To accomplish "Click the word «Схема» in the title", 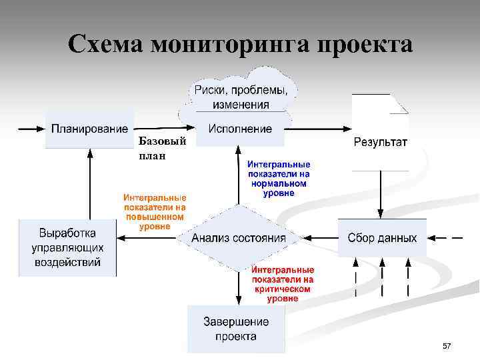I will point(106,45).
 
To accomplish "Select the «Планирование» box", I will point(89,129).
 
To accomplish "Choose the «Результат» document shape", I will point(380,133).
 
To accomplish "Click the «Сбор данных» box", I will point(382,238).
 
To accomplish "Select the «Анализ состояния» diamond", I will point(239,238).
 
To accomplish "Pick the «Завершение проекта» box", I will point(236,329).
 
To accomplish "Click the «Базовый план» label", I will point(157,149).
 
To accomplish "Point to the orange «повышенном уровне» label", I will point(155,212).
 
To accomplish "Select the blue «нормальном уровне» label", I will point(279,178).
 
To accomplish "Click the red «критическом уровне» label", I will point(283,285).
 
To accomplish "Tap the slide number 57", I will point(447,346).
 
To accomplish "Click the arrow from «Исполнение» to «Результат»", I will point(317,128).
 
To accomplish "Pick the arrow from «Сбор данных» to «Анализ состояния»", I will point(317,237).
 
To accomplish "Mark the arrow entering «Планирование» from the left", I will point(30,128).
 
